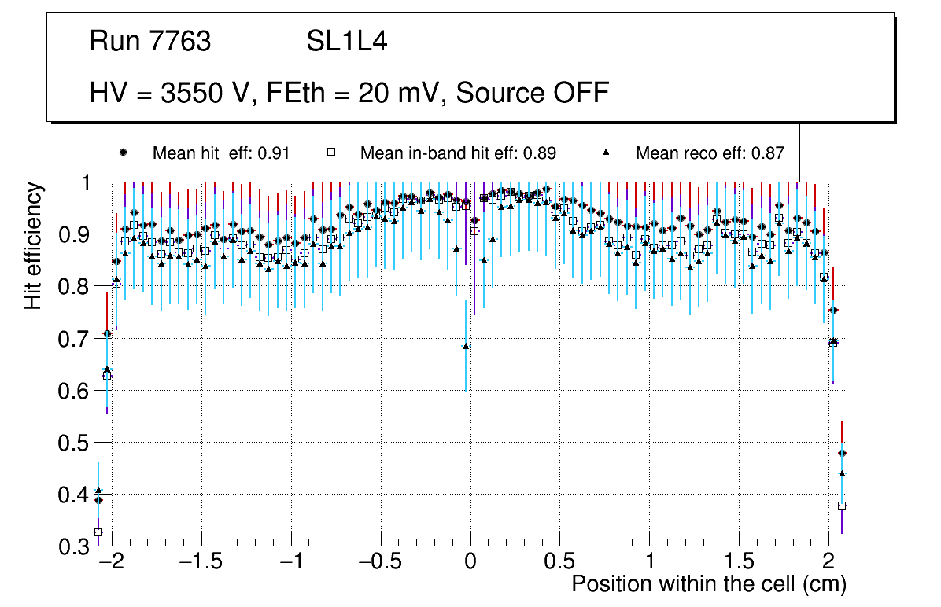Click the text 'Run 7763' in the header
[150, 42]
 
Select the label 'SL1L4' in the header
[346, 42]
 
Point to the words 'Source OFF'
[533, 93]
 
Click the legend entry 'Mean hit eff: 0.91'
[220, 153]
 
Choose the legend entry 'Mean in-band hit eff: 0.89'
[458, 153]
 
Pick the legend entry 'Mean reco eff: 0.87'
[709, 153]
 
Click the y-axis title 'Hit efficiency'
[33, 245]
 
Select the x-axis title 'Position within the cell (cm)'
[709, 584]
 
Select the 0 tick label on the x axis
[470, 563]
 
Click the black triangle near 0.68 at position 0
[466, 346]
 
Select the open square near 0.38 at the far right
[842, 506]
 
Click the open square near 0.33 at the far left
[98, 532]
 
